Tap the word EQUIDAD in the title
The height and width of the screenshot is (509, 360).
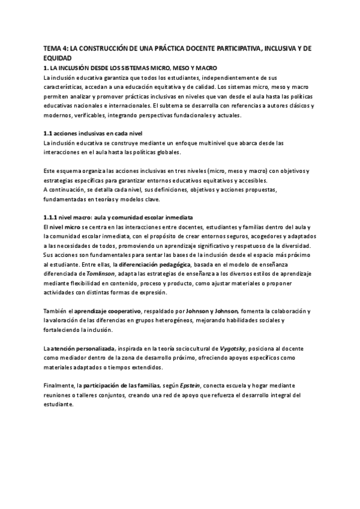(x=58, y=58)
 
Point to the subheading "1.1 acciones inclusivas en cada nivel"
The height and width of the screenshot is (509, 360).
(x=93, y=132)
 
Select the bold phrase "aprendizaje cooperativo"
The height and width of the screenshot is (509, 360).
(x=107, y=311)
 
